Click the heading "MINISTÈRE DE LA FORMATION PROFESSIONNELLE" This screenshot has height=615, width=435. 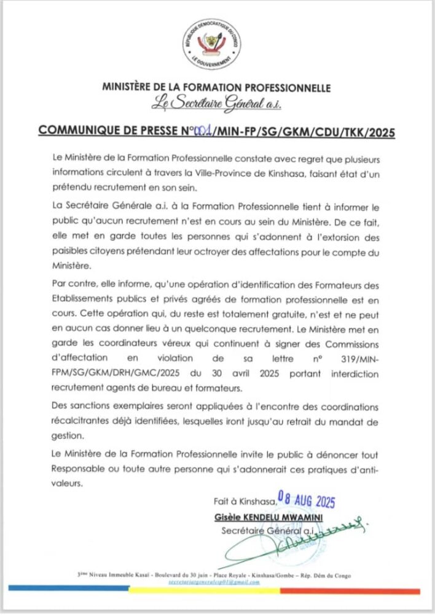216,88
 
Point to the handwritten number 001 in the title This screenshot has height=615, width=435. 203,131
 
